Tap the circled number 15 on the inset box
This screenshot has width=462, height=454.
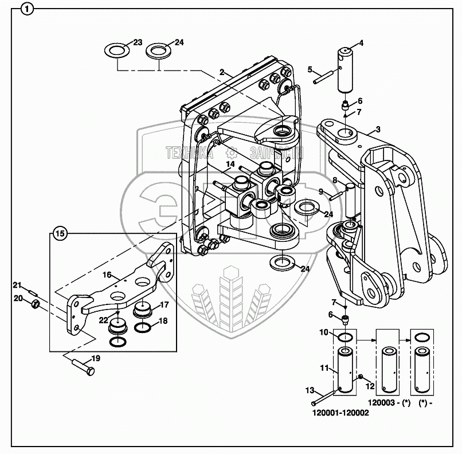pos(60,233)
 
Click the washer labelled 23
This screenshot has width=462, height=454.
pos(117,50)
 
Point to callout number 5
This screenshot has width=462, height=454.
pos(310,70)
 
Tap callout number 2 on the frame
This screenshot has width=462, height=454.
pos(221,73)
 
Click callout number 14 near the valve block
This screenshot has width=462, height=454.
pos(230,165)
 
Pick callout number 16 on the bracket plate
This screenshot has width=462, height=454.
pos(106,275)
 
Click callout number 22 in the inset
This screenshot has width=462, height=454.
pos(103,320)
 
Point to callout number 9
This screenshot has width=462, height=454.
pos(321,191)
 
